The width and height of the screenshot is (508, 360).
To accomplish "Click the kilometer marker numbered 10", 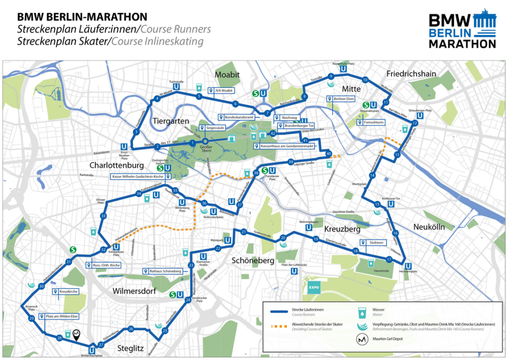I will tap(365, 80).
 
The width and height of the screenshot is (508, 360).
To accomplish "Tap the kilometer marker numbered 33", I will tap(103, 216).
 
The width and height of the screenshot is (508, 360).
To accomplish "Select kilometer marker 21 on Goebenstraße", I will tap(244, 232).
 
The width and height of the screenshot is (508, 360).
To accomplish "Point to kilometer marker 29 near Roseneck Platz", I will tap(31, 318).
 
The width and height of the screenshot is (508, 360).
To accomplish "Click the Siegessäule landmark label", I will tap(214, 127).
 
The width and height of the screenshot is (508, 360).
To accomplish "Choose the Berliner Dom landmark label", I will tap(343, 99).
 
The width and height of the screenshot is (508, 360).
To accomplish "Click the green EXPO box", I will tap(314, 287).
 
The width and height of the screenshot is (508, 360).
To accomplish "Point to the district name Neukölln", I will tap(433, 226).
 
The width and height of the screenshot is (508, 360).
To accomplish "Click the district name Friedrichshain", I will tap(411, 73).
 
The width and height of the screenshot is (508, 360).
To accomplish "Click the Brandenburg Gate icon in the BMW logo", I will tap(484, 20).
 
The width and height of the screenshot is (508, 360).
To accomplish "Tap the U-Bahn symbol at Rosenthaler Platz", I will tap(343, 70).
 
